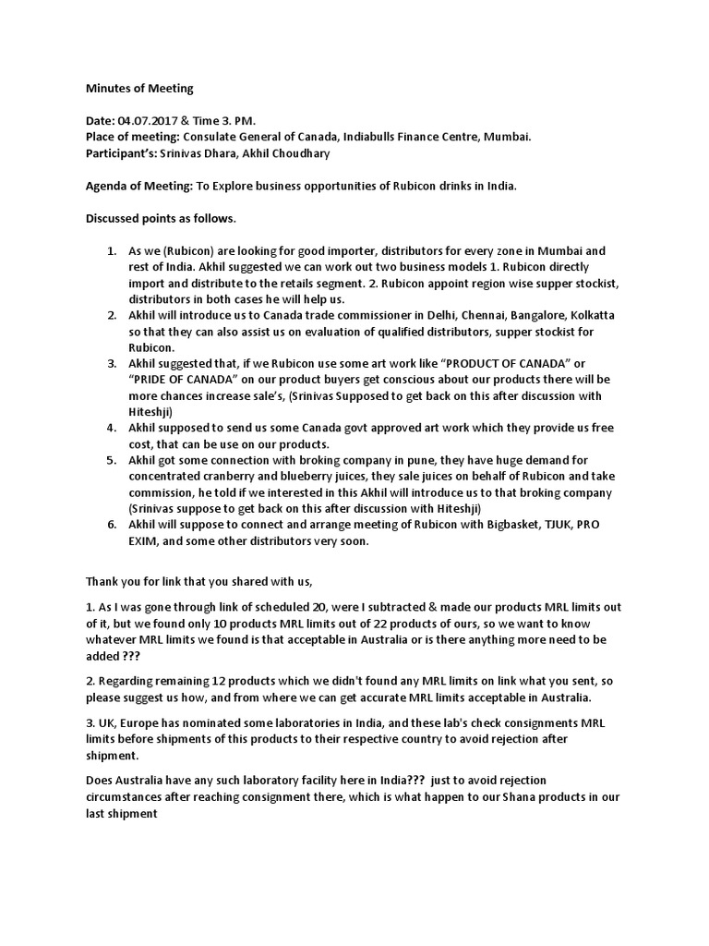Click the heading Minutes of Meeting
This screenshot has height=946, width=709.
tap(139, 89)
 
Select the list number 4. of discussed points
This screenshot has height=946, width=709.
tap(111, 428)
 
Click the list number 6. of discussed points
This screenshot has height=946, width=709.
tap(111, 525)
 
